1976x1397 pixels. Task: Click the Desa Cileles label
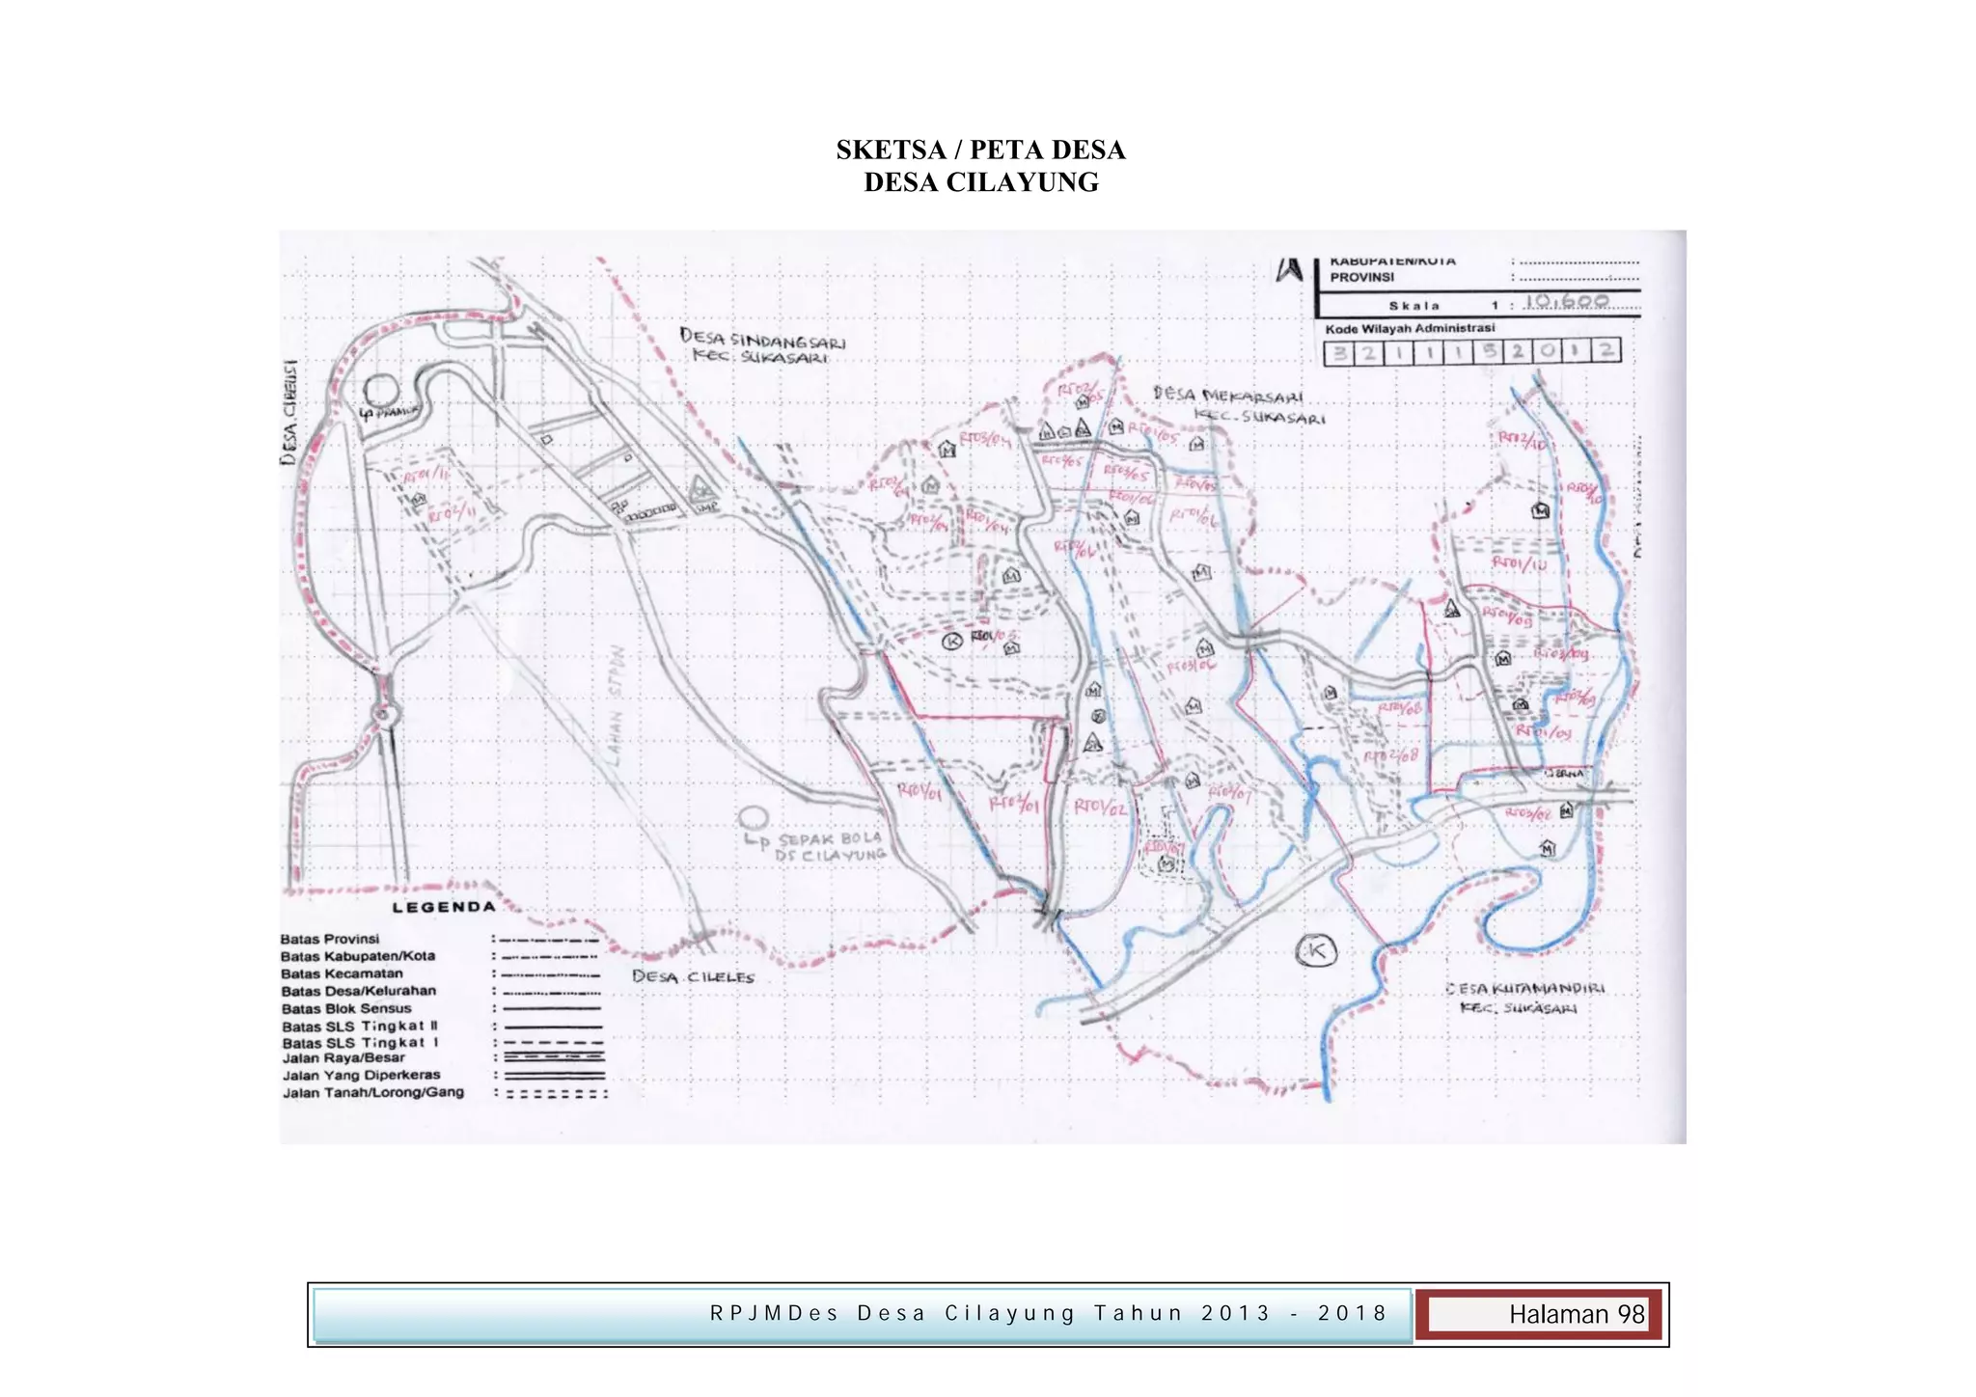693,976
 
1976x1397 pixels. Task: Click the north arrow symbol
1289,269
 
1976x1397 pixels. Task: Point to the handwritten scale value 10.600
1566,301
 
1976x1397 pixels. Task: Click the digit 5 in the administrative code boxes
1490,351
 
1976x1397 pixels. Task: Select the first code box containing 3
1339,352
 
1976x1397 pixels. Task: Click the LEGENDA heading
443,907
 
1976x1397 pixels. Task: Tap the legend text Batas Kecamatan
342,973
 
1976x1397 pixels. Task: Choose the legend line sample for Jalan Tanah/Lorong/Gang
556,1094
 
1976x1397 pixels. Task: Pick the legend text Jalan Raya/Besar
343,1057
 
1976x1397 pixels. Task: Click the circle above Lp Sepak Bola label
753,818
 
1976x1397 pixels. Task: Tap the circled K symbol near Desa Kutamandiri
1316,951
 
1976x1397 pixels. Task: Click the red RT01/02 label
1100,806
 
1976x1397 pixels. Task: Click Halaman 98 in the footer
1576,1314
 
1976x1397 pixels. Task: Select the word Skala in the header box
1414,306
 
